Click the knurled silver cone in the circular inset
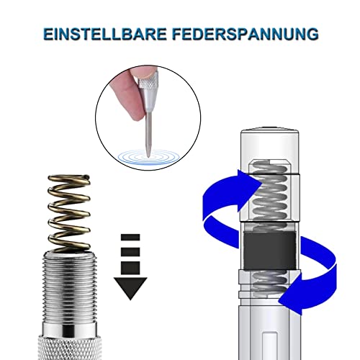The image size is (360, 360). pos(152,86)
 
